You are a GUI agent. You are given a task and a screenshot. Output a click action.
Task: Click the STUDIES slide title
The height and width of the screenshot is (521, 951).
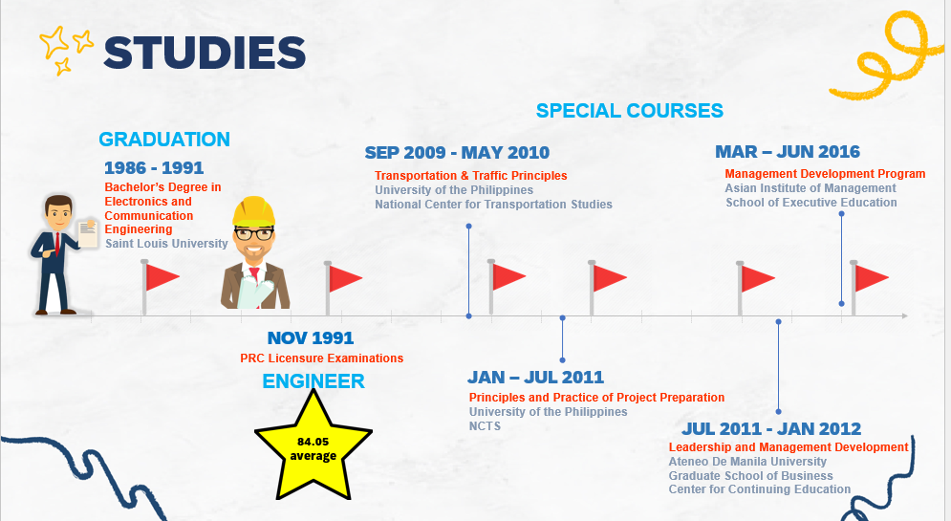(x=204, y=53)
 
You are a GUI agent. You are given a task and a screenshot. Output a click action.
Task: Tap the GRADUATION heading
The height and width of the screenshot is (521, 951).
(x=164, y=140)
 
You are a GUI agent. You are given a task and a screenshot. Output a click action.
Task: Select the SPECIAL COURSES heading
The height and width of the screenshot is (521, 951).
(x=629, y=111)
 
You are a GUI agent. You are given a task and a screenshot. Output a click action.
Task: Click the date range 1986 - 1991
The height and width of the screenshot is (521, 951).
(x=154, y=168)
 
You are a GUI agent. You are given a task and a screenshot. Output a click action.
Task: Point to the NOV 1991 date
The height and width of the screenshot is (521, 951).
(x=311, y=337)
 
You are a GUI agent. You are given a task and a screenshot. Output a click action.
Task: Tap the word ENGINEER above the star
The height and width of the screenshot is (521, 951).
(x=313, y=381)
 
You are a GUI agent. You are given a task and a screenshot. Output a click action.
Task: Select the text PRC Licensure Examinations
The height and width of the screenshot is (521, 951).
(x=321, y=358)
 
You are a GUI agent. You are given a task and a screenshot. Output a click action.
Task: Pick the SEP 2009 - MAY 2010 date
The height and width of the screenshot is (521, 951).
(x=457, y=153)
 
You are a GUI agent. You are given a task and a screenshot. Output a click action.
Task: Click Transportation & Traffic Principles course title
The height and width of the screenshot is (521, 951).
(x=470, y=176)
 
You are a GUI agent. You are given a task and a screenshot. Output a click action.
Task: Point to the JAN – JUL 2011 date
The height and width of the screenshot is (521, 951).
(x=535, y=378)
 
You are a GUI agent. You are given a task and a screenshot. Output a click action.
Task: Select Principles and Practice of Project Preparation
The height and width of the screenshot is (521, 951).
(x=596, y=398)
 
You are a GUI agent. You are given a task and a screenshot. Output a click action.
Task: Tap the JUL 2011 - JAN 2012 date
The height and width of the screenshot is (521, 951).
(x=771, y=428)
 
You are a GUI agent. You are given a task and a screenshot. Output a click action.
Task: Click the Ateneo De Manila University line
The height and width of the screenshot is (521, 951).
(x=747, y=462)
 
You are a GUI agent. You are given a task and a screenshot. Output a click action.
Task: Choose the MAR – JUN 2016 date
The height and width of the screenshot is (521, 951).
(x=788, y=152)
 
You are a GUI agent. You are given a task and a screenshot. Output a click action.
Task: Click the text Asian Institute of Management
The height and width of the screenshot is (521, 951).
(x=811, y=188)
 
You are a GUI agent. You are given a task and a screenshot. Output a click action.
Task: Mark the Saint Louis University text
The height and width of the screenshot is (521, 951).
(x=166, y=244)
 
